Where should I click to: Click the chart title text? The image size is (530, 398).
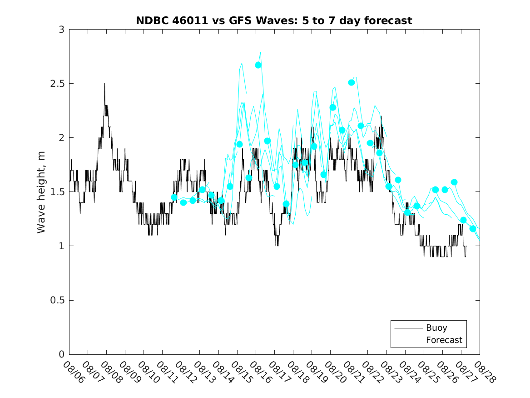pyautogui.click(x=274, y=20)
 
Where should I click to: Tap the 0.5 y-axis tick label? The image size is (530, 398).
pyautogui.click(x=58, y=300)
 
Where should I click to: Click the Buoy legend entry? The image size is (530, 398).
pyautogui.click(x=436, y=327)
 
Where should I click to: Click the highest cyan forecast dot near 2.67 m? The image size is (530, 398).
pyautogui.click(x=258, y=65)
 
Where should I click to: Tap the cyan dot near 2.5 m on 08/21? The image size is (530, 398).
pyautogui.click(x=351, y=82)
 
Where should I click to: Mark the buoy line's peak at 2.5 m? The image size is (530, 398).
pyautogui.click(x=104, y=84)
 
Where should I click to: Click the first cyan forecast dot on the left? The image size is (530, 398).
pyautogui.click(x=174, y=197)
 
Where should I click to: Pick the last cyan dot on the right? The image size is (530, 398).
pyautogui.click(x=472, y=229)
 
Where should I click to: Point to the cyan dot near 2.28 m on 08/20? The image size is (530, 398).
pyautogui.click(x=332, y=107)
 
